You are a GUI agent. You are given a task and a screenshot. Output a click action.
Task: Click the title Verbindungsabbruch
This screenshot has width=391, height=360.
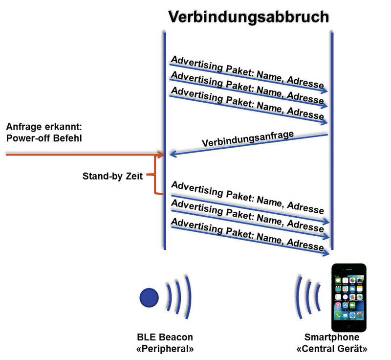pyautogui.click(x=249, y=18)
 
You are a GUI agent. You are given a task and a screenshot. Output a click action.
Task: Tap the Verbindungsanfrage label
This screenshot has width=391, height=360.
pyautogui.click(x=248, y=139)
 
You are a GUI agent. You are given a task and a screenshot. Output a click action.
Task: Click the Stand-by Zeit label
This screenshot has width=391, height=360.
pyautogui.click(x=112, y=176)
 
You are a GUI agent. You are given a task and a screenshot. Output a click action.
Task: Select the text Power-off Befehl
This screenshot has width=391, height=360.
pyautogui.click(x=44, y=138)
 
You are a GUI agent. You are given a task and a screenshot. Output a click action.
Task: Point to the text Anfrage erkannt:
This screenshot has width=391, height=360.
pyautogui.click(x=44, y=127)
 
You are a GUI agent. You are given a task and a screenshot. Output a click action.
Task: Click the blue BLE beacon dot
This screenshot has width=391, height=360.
pyautogui.click(x=149, y=297)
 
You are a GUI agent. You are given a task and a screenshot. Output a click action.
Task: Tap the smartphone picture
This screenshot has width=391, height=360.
pyautogui.click(x=349, y=297)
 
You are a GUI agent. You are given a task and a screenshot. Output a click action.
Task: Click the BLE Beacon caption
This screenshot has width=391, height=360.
pyautogui.click(x=165, y=337)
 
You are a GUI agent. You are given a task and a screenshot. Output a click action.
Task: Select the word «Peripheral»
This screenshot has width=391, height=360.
pyautogui.click(x=165, y=349)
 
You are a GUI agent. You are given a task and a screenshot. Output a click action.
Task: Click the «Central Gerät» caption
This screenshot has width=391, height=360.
pyautogui.click(x=332, y=349)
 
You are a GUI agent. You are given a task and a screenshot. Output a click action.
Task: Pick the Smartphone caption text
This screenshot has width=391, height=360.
pyautogui.click(x=332, y=337)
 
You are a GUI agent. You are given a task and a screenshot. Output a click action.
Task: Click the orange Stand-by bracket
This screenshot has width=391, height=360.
pyautogui.click(x=155, y=175)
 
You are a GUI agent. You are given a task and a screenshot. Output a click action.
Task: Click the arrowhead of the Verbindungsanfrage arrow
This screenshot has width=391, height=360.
pyautogui.click(x=173, y=154)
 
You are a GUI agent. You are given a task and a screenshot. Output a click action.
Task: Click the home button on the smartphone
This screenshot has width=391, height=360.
pyautogui.click(x=348, y=326)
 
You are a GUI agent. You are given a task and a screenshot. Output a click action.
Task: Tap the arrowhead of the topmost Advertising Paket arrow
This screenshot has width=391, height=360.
pyautogui.click(x=324, y=91)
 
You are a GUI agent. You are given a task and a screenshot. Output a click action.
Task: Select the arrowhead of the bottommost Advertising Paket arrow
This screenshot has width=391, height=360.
pyautogui.click(x=326, y=254)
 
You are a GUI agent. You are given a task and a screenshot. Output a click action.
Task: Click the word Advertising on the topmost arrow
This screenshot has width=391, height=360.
pyautogui.click(x=197, y=64)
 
